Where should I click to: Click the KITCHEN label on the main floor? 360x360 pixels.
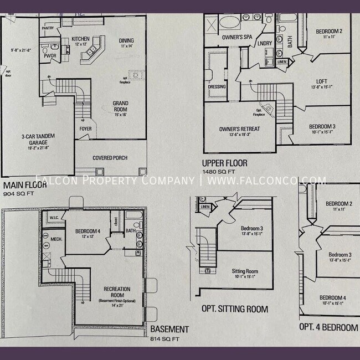click(x=80, y=39)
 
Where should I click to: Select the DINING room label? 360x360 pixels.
click(x=126, y=40)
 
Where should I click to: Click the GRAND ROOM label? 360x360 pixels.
click(x=121, y=103)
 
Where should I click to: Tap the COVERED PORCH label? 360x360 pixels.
click(x=110, y=158)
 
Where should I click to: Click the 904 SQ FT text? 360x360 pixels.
click(x=17, y=194)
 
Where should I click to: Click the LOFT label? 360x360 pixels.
click(x=321, y=81)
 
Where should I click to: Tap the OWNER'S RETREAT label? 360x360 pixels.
click(x=239, y=129)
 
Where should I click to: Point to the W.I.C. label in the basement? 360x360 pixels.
click(x=54, y=218)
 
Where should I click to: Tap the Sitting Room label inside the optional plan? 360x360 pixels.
click(x=245, y=271)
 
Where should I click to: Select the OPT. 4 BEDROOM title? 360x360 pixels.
click(x=328, y=327)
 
